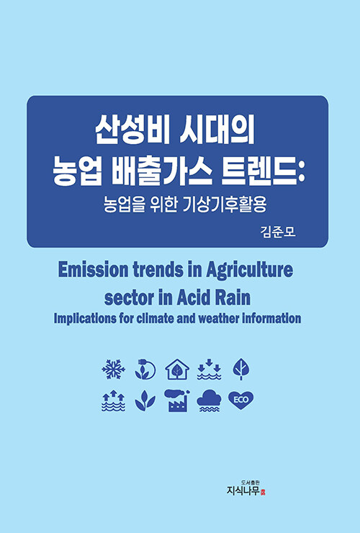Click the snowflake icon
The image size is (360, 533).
(113, 369)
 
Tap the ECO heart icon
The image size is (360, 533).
(240, 400)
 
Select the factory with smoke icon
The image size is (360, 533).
(177, 400)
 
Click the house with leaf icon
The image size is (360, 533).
(177, 369)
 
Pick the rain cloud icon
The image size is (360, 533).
(209, 400)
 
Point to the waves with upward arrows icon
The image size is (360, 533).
(113, 400)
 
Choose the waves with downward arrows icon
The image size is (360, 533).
(209, 369)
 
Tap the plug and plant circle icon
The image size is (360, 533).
(145, 369)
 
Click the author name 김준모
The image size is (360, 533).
(278, 232)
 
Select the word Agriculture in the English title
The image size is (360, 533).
(250, 270)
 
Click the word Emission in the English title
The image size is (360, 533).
(94, 270)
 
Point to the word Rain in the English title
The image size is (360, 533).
(233, 297)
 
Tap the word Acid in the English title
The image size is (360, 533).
(194, 297)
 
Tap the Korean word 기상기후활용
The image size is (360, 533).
(225, 205)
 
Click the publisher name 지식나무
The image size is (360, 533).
(243, 491)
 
